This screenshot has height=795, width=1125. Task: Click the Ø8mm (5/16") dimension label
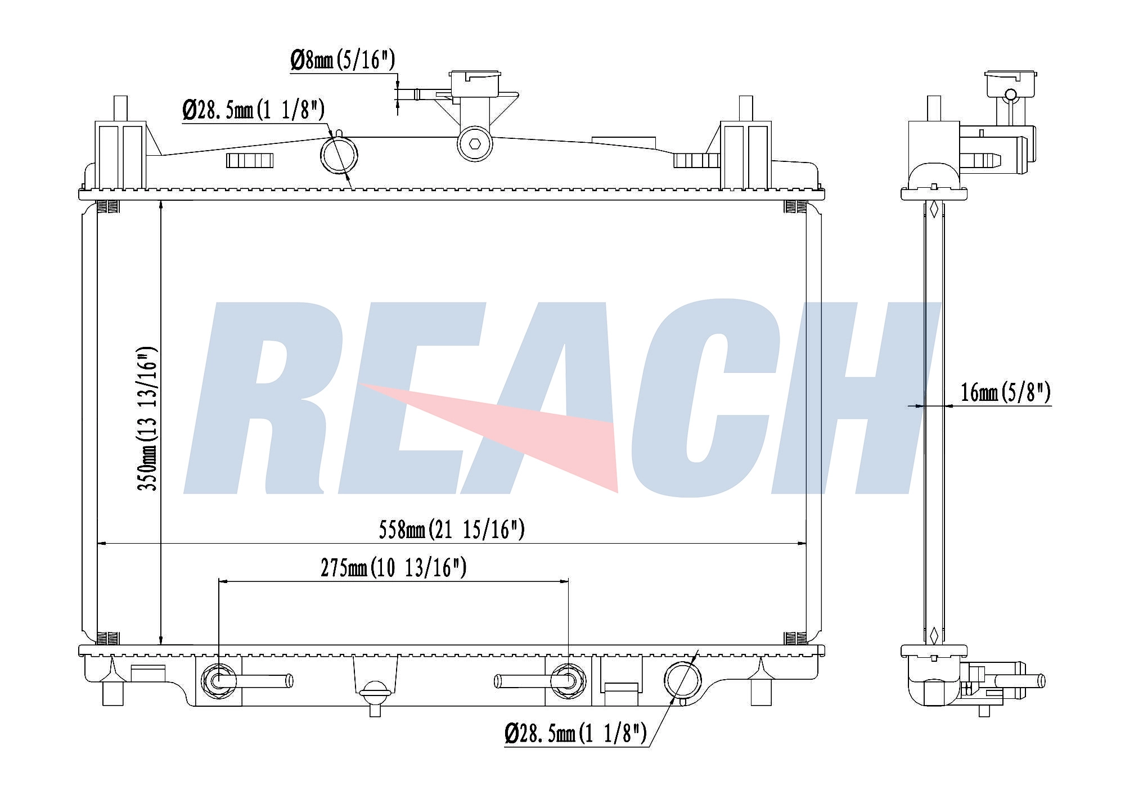(343, 60)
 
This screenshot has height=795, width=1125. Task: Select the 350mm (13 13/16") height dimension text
(147, 418)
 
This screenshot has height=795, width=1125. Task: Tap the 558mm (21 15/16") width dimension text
(451, 530)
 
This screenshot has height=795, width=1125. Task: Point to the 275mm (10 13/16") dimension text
(393, 568)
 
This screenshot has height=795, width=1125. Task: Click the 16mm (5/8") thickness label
(1005, 392)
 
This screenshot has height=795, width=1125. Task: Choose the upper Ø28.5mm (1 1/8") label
(253, 110)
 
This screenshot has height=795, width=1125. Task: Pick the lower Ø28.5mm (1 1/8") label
(575, 733)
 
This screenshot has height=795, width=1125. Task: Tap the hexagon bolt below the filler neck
(475, 143)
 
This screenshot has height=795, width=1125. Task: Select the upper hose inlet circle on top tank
(339, 155)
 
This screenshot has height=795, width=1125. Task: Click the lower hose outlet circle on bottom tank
(682, 680)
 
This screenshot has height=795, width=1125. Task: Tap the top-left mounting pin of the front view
(120, 108)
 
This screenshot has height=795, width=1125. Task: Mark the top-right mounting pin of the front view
(745, 108)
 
